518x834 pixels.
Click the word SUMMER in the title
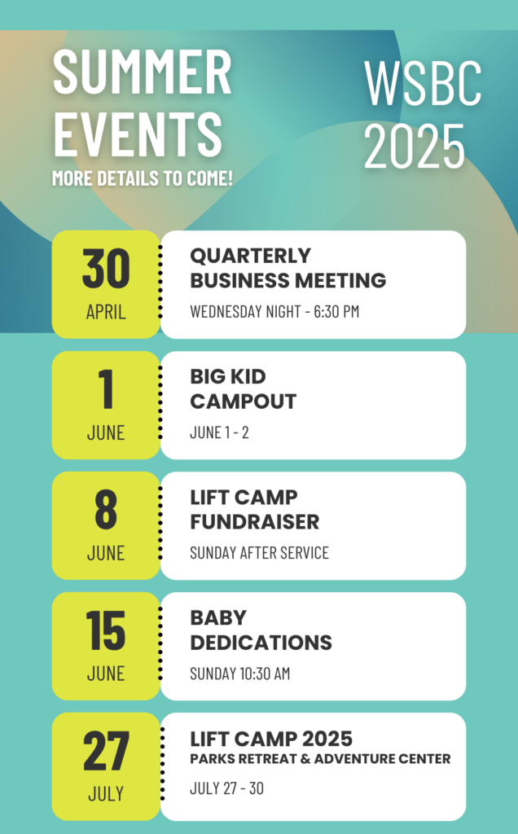143,72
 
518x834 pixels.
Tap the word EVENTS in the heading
138,134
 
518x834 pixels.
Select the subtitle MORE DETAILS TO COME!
143,178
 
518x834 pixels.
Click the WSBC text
423,83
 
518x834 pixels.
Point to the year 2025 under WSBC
415,145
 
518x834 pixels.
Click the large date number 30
106,269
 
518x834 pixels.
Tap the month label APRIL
106,312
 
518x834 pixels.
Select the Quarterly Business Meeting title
288,268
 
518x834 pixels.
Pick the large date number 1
107,389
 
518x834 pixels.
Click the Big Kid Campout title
243,388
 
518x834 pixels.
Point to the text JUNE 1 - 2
219,432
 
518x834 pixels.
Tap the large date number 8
106,510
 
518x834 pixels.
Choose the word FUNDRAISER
255,522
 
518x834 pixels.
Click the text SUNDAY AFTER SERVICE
259,553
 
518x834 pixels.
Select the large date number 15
105,631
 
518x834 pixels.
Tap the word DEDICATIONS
261,643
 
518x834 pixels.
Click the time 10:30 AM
265,674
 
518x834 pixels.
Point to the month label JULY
106,794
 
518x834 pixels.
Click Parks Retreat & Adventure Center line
320,759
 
